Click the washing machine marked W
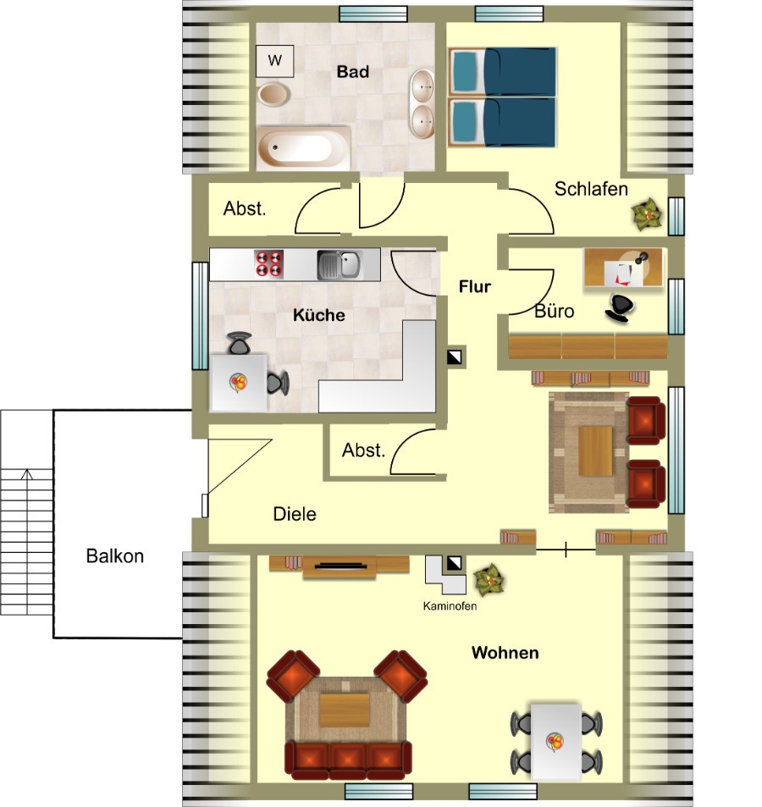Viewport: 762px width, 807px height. click(275, 61)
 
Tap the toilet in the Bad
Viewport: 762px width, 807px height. click(273, 94)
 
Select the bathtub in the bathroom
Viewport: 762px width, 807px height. click(304, 147)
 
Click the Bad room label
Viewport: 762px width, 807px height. click(353, 71)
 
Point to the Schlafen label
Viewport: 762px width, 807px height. click(591, 189)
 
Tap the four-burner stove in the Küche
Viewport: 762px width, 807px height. click(269, 263)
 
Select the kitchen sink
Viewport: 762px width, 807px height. click(340, 264)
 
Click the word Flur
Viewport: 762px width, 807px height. click(475, 286)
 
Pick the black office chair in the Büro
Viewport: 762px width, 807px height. click(620, 307)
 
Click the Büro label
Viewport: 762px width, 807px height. click(554, 311)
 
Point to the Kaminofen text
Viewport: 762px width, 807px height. click(450, 605)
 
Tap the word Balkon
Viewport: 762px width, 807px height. click(115, 556)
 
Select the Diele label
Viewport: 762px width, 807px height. click(295, 514)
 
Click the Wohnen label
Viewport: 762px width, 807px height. click(505, 653)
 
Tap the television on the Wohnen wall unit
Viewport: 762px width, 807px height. click(340, 567)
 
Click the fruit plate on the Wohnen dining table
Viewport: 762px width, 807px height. click(555, 742)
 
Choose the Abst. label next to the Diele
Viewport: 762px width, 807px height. click(363, 450)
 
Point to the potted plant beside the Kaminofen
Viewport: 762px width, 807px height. click(489, 579)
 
